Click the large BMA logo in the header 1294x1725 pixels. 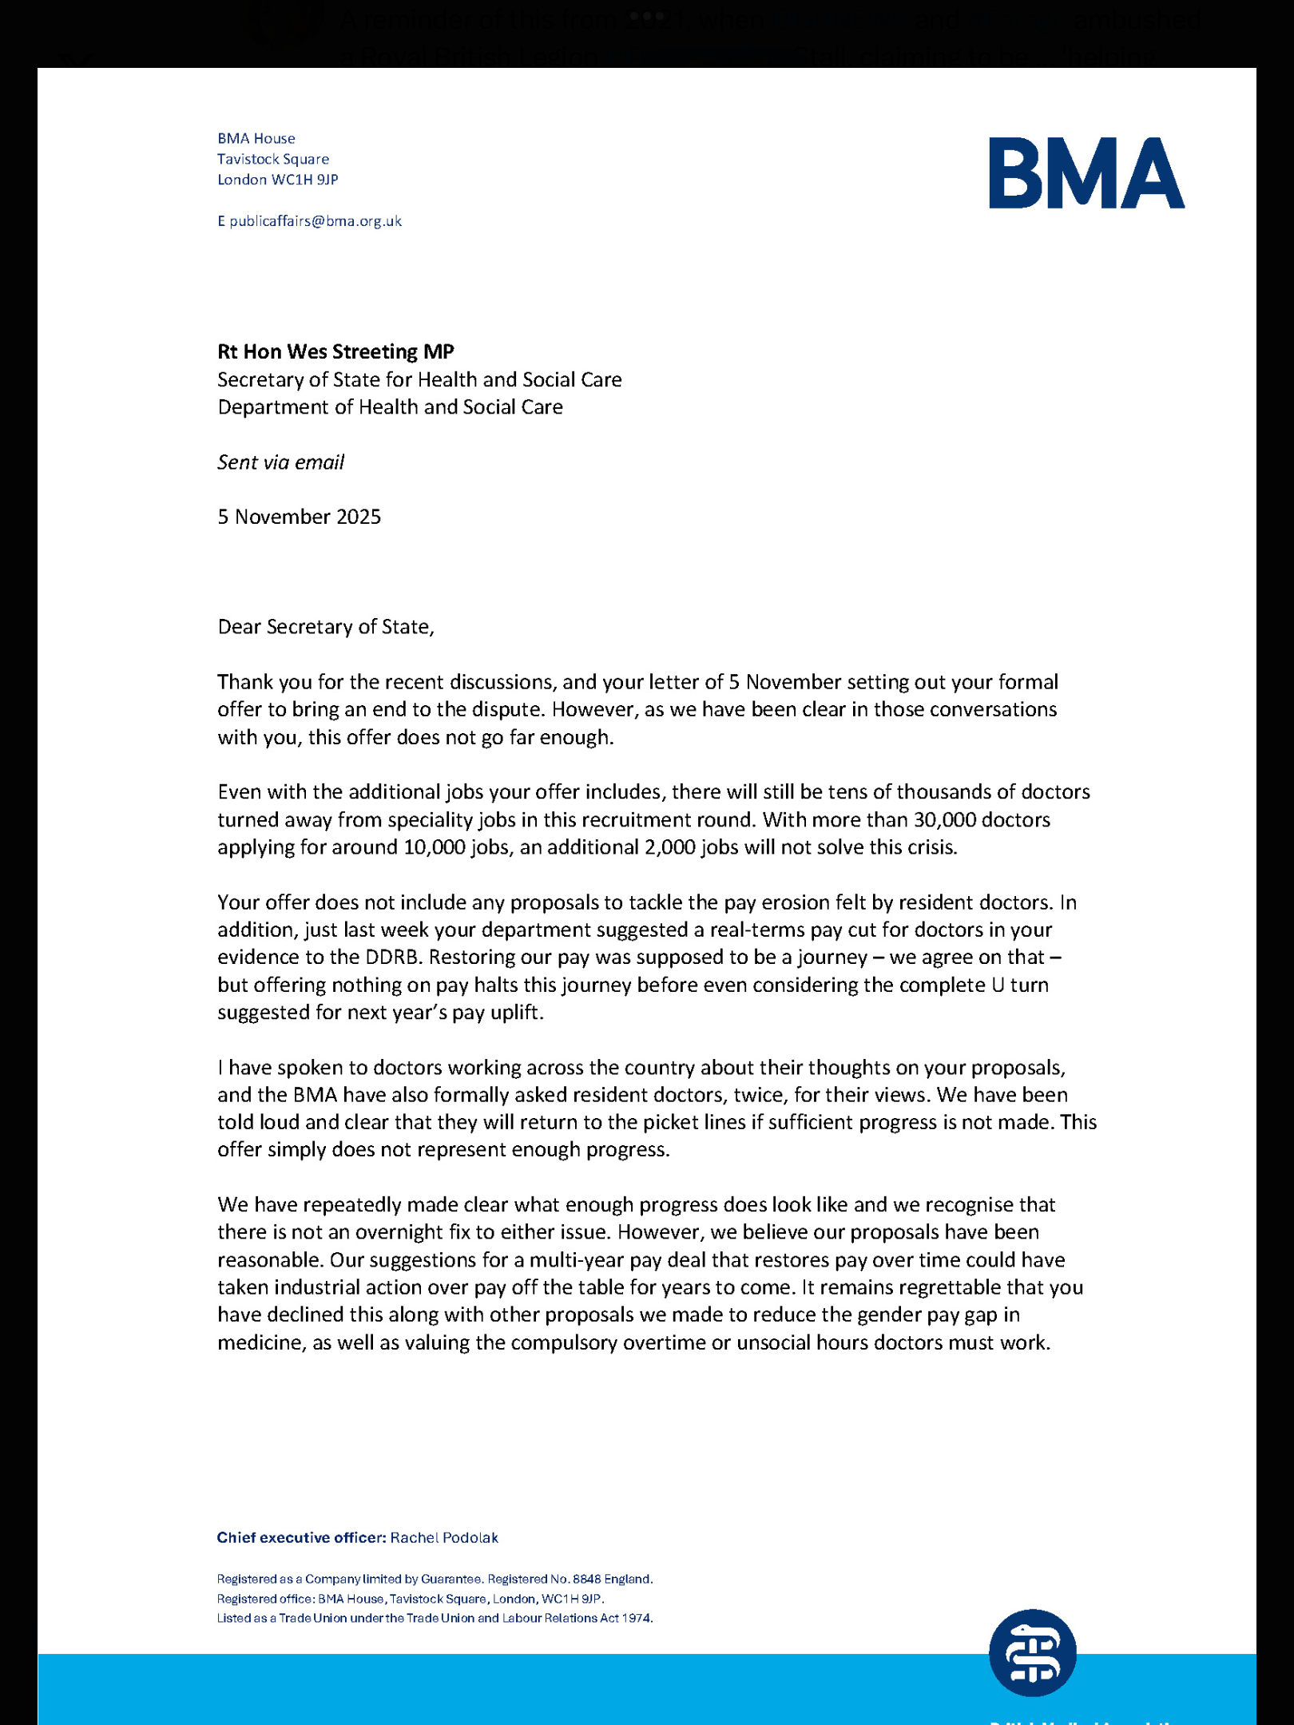[1086, 173]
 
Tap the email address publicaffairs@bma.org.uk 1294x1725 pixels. [316, 221]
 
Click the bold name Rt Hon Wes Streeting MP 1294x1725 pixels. [335, 351]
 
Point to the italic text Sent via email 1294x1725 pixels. [280, 462]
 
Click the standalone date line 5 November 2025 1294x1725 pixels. [299, 517]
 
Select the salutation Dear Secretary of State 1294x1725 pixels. [325, 627]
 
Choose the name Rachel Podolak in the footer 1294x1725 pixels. [444, 1538]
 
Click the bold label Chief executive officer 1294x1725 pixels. [301, 1538]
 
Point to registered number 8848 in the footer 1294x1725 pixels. [586, 1580]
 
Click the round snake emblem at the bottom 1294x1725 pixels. [1032, 1653]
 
